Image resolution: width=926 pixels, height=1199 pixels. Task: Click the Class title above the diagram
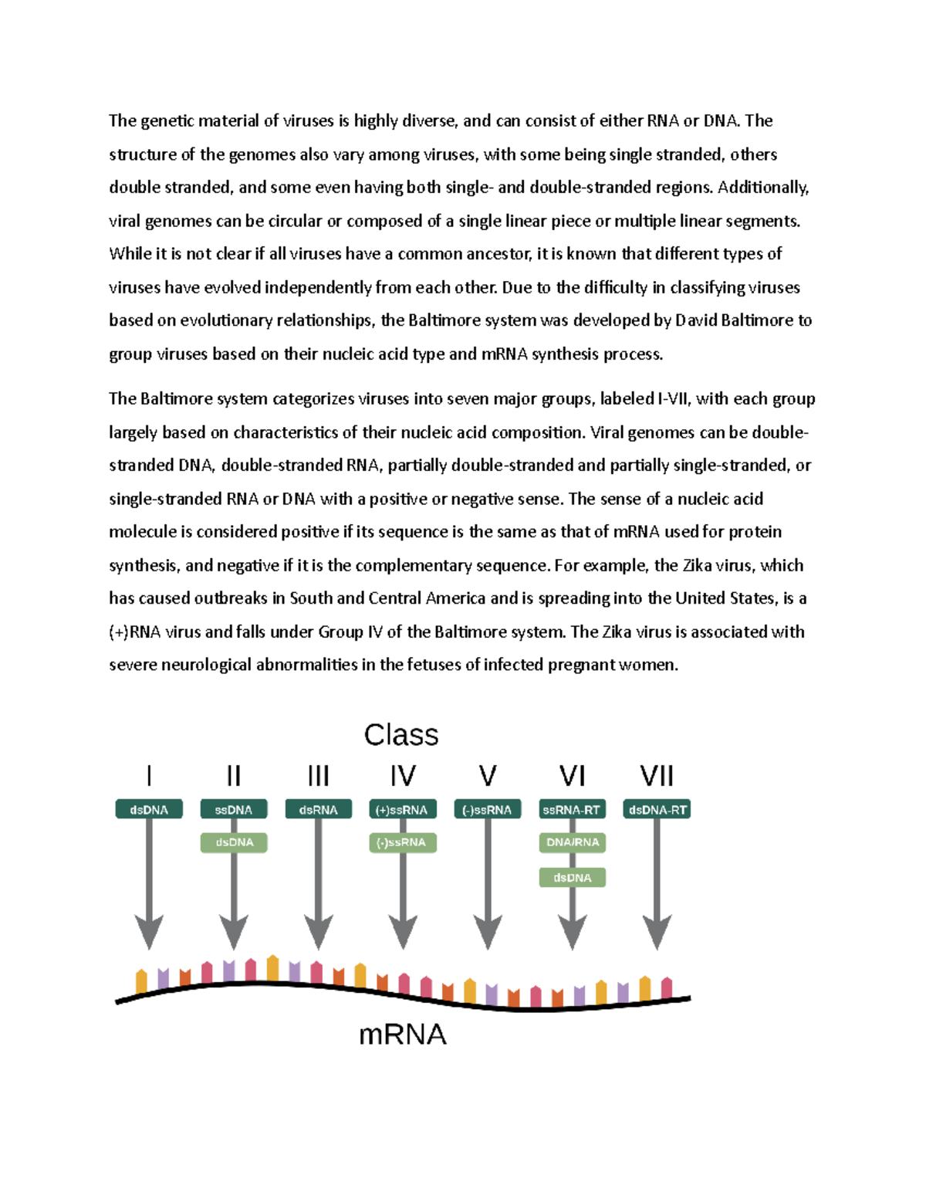401,735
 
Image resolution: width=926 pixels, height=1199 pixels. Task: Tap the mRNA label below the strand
403,1035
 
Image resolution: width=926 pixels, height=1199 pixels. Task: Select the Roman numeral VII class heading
657,776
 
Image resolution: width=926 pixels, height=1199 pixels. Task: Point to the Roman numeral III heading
319,776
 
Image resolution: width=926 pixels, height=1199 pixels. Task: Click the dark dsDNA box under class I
149,810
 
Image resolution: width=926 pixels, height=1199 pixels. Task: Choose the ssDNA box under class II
234,810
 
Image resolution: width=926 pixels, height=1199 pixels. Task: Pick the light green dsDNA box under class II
234,842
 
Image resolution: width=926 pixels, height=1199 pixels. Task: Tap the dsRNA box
319,810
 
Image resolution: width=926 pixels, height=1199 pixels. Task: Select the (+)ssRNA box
402,810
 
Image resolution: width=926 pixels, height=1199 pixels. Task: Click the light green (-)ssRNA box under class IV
402,842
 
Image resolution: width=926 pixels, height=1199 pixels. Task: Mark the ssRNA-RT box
572,810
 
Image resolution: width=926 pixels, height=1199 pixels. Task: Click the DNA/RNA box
572,842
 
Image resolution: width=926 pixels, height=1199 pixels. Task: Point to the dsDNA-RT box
657,810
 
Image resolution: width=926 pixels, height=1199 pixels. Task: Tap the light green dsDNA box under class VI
572,878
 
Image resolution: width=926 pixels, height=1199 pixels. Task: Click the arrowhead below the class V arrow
488,932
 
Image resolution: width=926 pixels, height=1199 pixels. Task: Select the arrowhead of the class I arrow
149,932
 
